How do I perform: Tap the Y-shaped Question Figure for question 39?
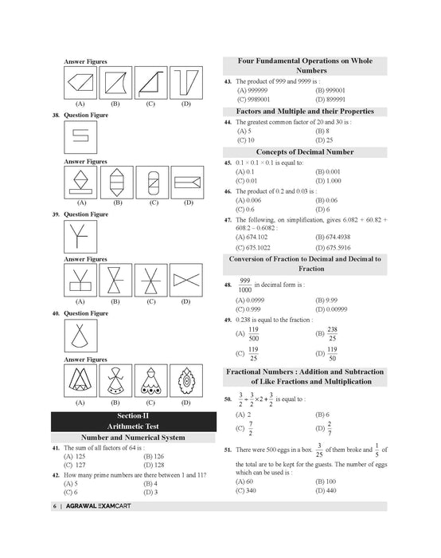(80, 236)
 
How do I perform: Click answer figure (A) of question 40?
(80, 382)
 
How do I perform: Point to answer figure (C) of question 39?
(152, 281)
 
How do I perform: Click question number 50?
(228, 399)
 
